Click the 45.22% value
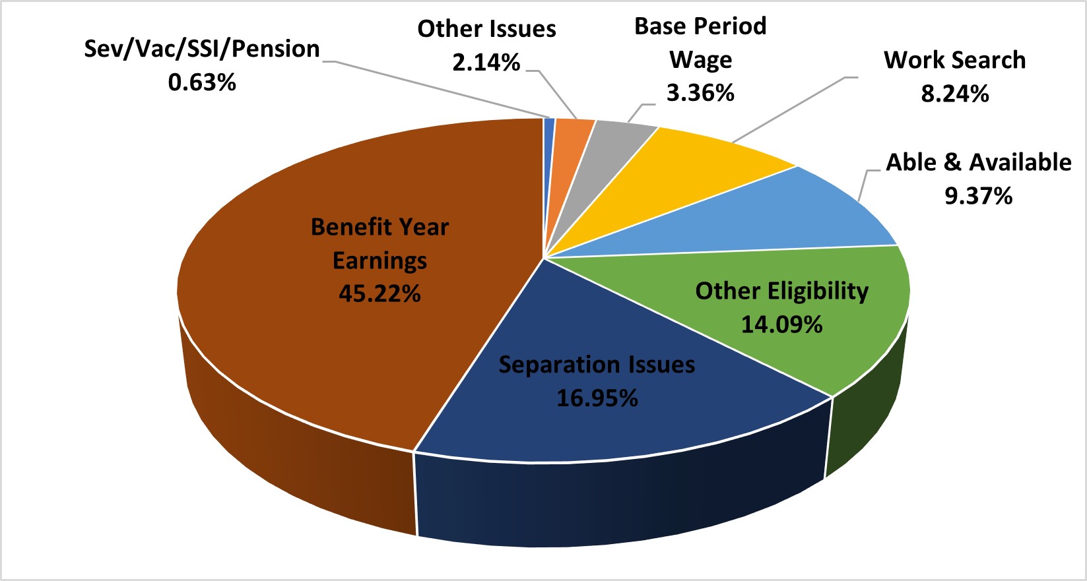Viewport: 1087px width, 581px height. (379, 293)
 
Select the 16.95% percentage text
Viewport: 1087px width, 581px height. (597, 398)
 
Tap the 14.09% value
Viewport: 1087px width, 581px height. (781, 324)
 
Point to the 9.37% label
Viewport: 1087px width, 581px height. (978, 196)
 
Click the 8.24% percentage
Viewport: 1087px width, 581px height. (954, 94)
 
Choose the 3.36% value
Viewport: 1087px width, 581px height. (700, 93)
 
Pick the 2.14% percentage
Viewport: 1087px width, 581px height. (486, 63)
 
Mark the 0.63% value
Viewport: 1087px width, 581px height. (202, 82)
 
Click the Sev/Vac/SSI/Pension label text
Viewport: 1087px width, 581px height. (202, 49)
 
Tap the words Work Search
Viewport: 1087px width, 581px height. (954, 60)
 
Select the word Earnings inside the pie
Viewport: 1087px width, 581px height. (379, 260)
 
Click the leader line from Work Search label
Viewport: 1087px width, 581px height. (792, 109)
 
